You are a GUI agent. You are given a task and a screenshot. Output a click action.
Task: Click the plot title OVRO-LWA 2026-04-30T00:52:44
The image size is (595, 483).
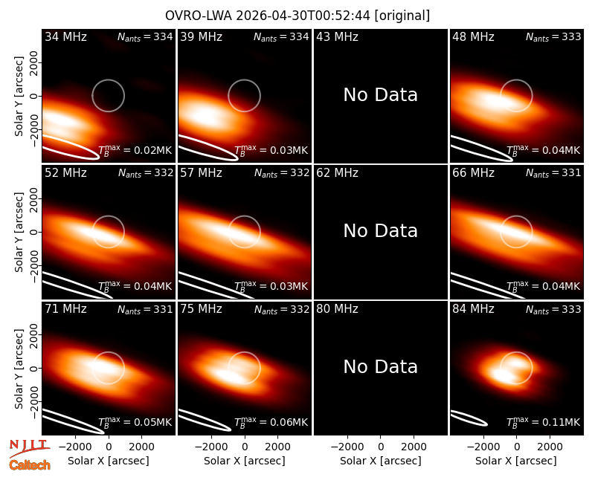(268, 16)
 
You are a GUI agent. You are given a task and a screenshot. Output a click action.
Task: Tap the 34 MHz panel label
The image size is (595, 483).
(65, 36)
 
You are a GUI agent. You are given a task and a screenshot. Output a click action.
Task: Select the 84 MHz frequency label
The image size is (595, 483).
(473, 309)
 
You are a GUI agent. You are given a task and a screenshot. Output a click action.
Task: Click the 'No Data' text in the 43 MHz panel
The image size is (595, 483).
(380, 95)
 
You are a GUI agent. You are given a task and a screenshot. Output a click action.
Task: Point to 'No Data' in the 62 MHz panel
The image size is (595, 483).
(380, 230)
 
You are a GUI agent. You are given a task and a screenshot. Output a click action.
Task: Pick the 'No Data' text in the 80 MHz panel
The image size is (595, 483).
(380, 366)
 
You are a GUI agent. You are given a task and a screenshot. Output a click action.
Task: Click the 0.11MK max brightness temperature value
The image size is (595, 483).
(561, 422)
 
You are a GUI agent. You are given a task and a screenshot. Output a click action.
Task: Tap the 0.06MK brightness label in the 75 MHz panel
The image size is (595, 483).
(289, 422)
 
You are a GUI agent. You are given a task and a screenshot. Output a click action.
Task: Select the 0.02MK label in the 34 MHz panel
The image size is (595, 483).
(153, 150)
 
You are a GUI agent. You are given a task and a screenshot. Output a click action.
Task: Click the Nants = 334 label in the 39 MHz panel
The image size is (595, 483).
(281, 37)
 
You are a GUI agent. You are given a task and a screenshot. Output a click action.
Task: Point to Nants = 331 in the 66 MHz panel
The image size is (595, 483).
(553, 173)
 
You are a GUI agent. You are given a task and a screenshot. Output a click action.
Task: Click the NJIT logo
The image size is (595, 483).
(29, 448)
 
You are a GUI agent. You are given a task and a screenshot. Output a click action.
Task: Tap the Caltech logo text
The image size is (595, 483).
(30, 465)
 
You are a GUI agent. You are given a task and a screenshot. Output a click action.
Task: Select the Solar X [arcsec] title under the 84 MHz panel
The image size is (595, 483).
(516, 461)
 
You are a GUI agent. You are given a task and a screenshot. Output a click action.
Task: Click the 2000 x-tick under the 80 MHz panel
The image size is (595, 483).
(414, 447)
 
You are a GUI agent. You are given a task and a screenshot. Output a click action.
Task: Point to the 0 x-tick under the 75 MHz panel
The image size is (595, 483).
(245, 447)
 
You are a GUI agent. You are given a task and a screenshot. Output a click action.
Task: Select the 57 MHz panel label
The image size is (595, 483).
(201, 173)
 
